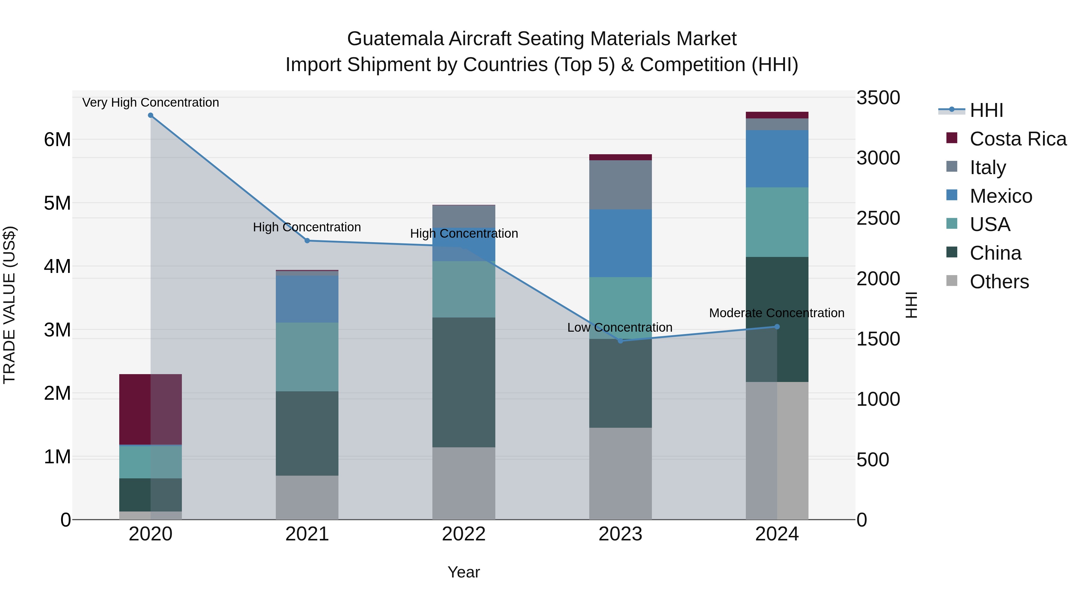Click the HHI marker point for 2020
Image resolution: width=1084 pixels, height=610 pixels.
(x=151, y=115)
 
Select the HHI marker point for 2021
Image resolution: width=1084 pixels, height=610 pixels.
(x=307, y=241)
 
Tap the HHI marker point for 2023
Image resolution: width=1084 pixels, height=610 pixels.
(x=620, y=341)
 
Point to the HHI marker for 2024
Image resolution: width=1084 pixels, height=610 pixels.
(x=777, y=327)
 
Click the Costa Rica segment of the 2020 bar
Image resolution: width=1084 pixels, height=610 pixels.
(x=151, y=409)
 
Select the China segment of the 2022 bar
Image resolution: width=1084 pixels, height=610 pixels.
(x=464, y=382)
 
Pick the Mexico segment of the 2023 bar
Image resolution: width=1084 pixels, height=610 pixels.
(x=620, y=243)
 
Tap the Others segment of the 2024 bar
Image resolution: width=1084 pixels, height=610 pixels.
(x=777, y=450)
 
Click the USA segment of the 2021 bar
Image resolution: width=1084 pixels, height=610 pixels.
(x=307, y=357)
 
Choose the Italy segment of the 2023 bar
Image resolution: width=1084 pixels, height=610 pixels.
(x=620, y=185)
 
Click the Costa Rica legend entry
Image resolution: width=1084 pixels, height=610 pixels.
(x=1017, y=139)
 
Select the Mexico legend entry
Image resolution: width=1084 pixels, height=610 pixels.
(x=1001, y=196)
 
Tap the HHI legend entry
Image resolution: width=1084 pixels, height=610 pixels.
(x=986, y=110)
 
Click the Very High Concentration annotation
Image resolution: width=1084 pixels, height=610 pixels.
(x=151, y=102)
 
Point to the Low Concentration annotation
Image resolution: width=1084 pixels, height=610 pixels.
(x=619, y=327)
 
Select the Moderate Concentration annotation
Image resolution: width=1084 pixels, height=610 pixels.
(x=776, y=313)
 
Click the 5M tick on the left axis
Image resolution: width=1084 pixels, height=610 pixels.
(x=57, y=203)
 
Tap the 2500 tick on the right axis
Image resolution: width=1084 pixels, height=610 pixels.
(x=878, y=218)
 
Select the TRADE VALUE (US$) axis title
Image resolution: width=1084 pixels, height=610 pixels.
(x=9, y=305)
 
